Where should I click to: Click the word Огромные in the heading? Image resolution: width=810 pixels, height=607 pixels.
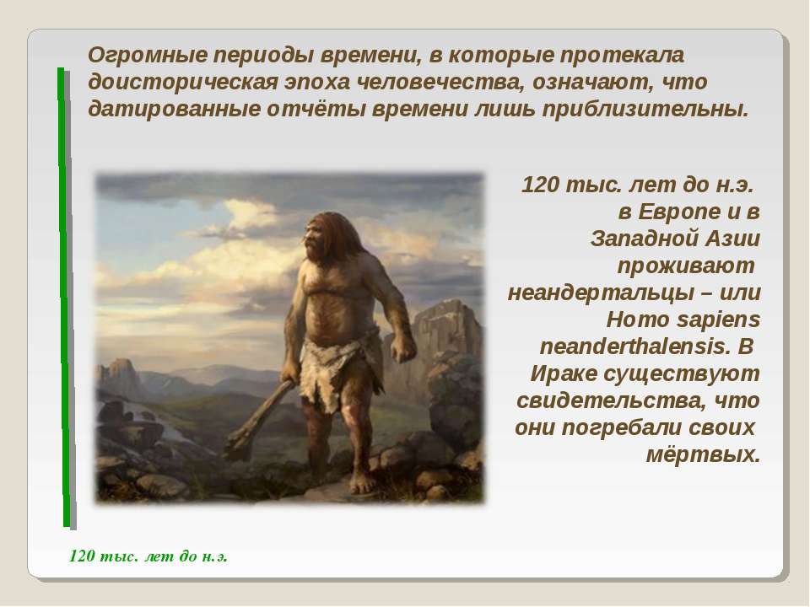(x=147, y=56)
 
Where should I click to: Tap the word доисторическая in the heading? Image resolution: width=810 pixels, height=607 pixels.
(x=183, y=83)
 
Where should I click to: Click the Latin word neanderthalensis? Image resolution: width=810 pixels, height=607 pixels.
(x=635, y=346)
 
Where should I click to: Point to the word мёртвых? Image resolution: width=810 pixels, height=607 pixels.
(x=703, y=454)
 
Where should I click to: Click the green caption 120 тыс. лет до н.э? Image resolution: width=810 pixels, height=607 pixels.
(x=148, y=556)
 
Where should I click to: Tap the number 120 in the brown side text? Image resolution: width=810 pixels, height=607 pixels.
(x=540, y=185)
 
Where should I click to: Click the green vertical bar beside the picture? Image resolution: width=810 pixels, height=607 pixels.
(x=64, y=297)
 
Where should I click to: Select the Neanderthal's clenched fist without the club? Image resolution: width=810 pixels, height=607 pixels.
(x=402, y=349)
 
